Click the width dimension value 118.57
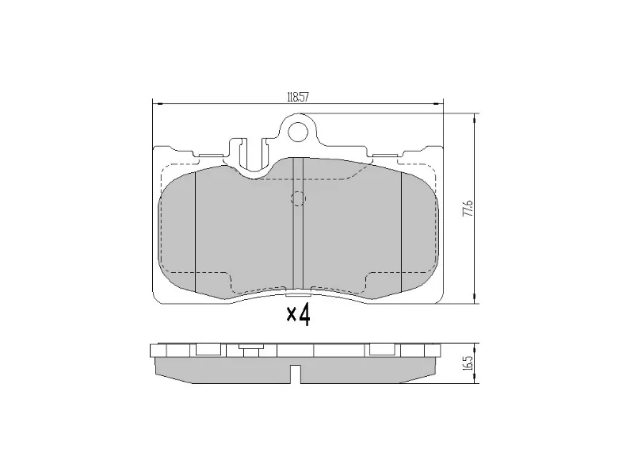click(297, 98)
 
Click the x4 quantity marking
click(298, 315)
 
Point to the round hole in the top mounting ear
click(298, 129)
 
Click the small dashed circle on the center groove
click(298, 198)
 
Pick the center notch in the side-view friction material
click(298, 373)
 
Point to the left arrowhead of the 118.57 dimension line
click(155, 103)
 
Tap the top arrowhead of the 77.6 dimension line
click(475, 117)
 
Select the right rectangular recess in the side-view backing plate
click(384, 349)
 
